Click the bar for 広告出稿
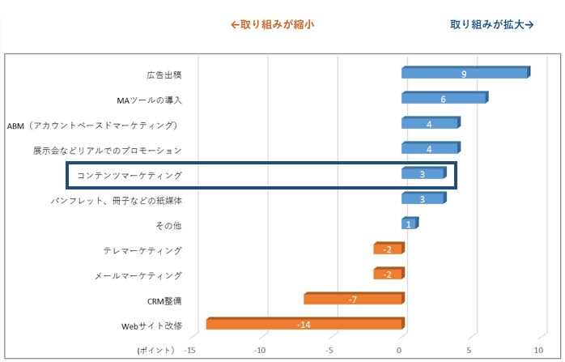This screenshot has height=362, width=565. point(465,74)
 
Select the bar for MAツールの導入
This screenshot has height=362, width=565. point(444,99)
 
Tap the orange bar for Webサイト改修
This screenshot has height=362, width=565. point(304,325)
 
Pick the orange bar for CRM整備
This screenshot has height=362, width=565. point(353,300)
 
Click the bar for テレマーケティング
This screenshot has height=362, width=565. point(388,249)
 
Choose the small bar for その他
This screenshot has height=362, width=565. point(409,224)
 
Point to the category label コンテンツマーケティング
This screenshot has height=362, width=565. point(130,175)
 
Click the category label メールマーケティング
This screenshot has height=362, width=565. point(138,275)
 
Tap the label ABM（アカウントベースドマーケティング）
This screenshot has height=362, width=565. point(92,125)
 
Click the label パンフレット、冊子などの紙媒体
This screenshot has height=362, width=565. point(117,199)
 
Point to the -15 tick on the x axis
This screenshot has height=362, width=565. point(190,350)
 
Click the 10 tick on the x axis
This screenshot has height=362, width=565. point(537,350)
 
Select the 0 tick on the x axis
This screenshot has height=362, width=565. point(400,350)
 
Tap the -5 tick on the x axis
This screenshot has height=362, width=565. point(329,350)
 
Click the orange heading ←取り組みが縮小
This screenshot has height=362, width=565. point(271,24)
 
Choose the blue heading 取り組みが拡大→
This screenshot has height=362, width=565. point(491,24)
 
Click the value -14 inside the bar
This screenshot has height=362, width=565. point(304,325)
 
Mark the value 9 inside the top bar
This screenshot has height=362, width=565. point(464,74)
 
